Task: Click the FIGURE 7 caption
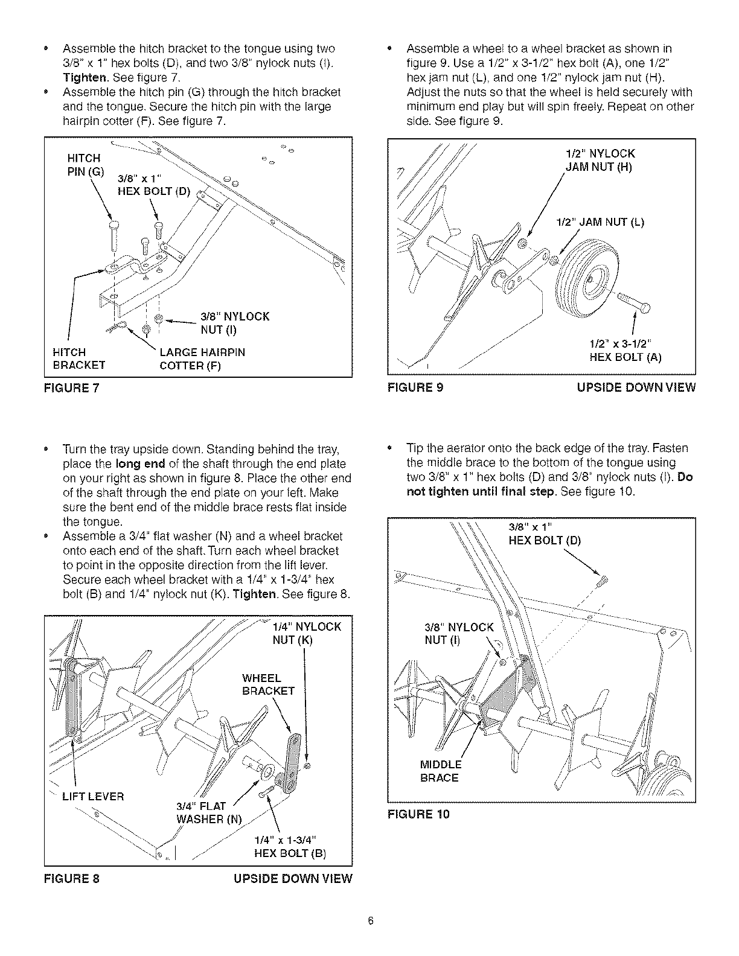click(72, 388)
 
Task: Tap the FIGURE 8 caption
click(72, 878)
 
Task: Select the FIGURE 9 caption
click(415, 388)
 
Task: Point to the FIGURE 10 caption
click(418, 815)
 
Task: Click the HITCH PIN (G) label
click(85, 165)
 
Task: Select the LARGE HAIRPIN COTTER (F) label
click(202, 358)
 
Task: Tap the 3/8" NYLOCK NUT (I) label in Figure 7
click(235, 323)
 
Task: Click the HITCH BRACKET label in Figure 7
click(78, 358)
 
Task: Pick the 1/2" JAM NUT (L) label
click(600, 222)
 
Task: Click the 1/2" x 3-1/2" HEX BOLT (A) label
click(625, 351)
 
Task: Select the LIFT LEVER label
click(93, 797)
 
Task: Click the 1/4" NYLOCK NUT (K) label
click(307, 633)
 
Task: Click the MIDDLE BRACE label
click(440, 771)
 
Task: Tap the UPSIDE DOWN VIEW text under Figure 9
click(636, 388)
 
